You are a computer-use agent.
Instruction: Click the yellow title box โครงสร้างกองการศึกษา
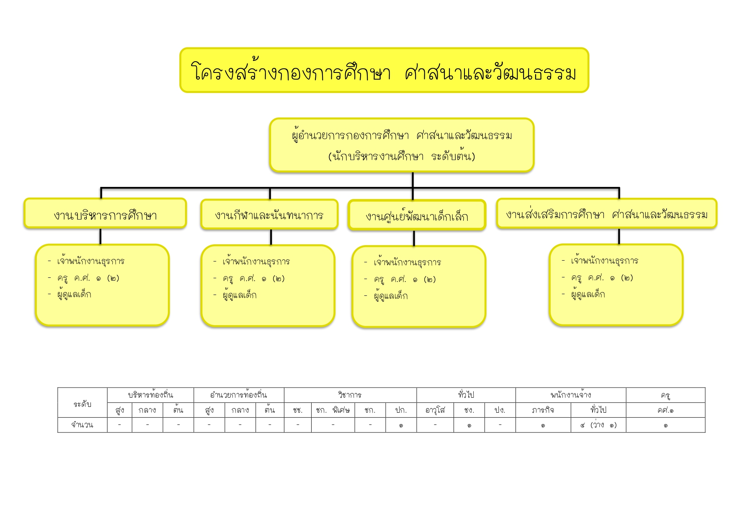click(384, 70)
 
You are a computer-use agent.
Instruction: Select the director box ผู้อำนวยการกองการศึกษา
click(402, 145)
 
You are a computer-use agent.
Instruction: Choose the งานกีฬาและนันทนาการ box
click(269, 215)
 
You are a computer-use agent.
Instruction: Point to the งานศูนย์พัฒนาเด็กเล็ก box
click(417, 216)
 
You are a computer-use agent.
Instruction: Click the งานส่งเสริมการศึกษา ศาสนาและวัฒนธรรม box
click(606, 214)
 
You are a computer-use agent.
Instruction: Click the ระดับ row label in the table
click(82, 403)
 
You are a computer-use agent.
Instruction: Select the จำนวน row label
click(82, 425)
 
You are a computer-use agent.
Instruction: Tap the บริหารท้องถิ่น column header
click(150, 395)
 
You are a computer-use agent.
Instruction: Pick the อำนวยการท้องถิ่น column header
click(239, 395)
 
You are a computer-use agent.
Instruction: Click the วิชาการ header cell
click(350, 395)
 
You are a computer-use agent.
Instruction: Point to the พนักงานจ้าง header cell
click(570, 395)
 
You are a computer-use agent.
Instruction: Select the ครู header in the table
click(665, 395)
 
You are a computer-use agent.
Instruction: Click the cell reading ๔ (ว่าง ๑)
click(598, 425)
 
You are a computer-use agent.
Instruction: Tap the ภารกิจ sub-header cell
click(543, 410)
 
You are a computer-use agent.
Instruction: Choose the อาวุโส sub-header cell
click(435, 410)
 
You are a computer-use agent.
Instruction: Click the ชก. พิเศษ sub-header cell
click(333, 410)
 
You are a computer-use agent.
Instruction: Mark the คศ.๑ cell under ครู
click(665, 410)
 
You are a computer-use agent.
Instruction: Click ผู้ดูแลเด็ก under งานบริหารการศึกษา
click(74, 294)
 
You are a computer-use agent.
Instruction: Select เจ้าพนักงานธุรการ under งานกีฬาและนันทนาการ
click(256, 262)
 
